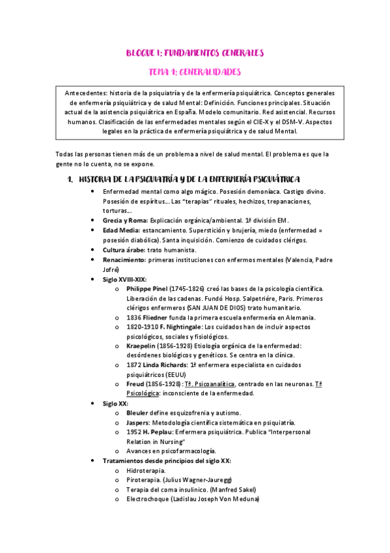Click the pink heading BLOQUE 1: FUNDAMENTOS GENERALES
pos(195,53)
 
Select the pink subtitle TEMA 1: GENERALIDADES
pos(195,72)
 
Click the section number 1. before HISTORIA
pos(70,179)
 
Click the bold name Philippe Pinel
pos(148,288)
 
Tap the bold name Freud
pos(137,385)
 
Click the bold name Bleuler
pos(137,413)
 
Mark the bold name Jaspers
pos(139,423)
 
